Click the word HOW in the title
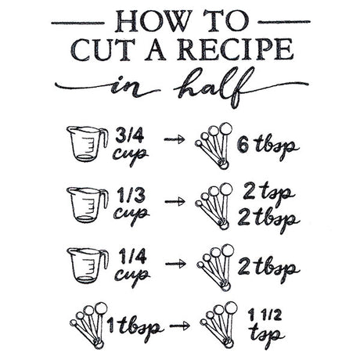point(143,20)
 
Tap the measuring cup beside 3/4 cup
point(87,142)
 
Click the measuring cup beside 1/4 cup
point(87,265)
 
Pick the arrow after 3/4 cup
point(175,140)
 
